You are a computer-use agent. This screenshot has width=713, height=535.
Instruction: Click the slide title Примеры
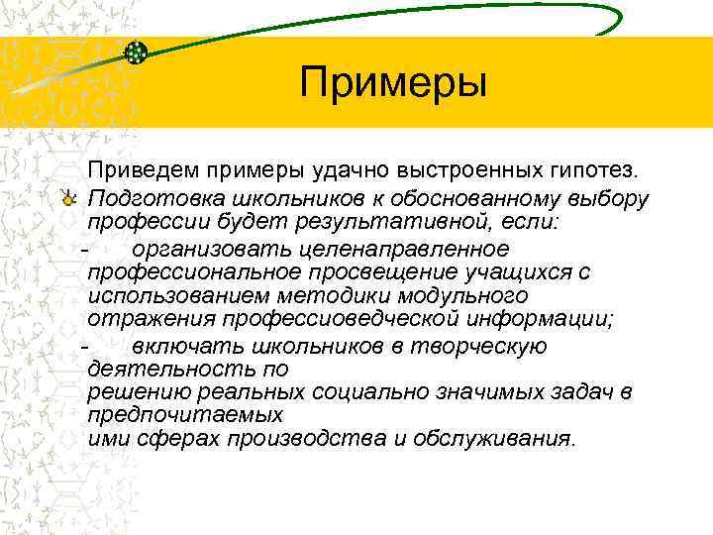click(394, 81)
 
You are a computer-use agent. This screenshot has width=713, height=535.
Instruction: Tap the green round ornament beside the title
click(138, 53)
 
